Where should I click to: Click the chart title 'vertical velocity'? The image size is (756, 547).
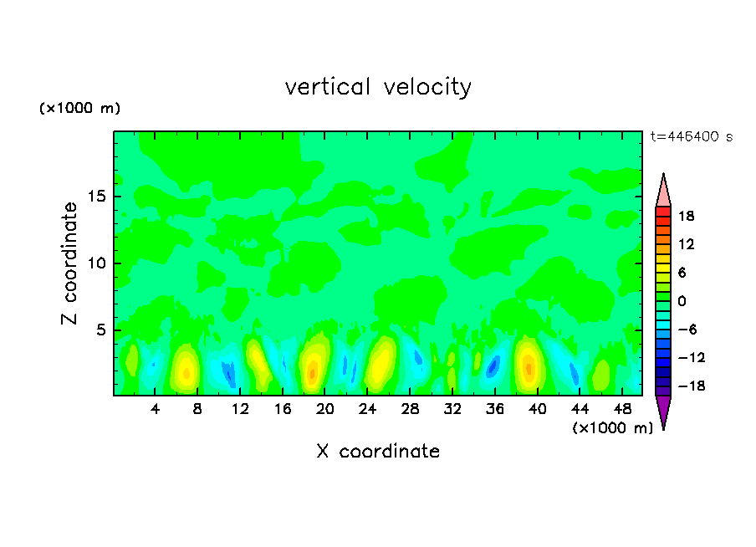click(378, 87)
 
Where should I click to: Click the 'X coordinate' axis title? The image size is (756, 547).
click(378, 452)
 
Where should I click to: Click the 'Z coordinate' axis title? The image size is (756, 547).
click(70, 263)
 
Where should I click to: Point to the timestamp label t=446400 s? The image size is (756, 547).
click(691, 136)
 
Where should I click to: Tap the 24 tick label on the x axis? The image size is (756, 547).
click(367, 409)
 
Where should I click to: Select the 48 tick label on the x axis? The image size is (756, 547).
click(621, 409)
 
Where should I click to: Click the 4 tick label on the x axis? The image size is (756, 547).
click(156, 409)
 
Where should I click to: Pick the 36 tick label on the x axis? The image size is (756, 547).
click(494, 409)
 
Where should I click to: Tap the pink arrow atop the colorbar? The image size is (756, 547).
click(663, 192)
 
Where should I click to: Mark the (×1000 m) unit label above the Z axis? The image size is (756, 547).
click(80, 109)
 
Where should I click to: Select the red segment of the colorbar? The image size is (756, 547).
click(663, 216)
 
